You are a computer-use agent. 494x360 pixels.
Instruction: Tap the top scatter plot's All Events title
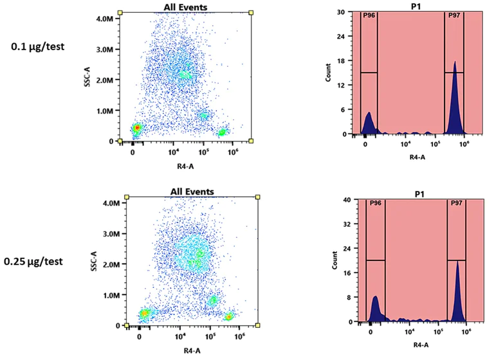click(x=185, y=7)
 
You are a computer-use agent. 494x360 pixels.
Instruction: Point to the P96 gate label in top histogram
click(x=369, y=15)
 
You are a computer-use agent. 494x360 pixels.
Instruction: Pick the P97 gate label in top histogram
click(x=454, y=15)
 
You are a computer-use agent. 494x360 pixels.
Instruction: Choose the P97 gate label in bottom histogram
click(x=456, y=203)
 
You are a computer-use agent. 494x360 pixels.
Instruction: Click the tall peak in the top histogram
click(x=455, y=96)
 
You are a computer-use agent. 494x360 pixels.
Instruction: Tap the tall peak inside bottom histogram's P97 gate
click(x=457, y=289)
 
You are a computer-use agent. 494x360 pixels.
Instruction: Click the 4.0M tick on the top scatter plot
click(x=105, y=19)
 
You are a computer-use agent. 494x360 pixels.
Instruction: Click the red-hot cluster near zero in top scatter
click(x=136, y=129)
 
